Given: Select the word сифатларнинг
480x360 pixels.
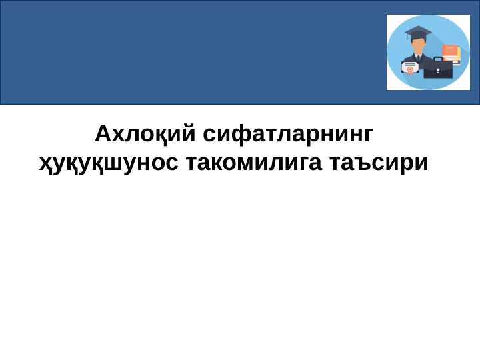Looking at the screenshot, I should coord(288,134).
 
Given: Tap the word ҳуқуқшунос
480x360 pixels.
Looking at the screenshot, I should coord(109,162).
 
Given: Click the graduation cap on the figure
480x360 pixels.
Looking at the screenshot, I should coord(418,33).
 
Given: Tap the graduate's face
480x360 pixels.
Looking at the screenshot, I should coord(418,46).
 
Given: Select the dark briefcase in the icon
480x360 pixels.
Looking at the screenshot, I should coord(438,69).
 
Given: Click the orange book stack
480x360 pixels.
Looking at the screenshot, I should coord(451,53).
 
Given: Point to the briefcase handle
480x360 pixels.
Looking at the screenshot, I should coord(438,59).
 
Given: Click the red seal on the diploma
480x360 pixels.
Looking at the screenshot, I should coord(409,70).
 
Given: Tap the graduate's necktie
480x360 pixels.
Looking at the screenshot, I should coord(418,58).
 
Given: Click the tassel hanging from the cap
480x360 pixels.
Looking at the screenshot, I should coord(408,37).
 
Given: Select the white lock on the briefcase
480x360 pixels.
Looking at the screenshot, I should coord(438,70).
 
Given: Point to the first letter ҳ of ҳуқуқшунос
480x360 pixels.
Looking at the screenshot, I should coord(45,163).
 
